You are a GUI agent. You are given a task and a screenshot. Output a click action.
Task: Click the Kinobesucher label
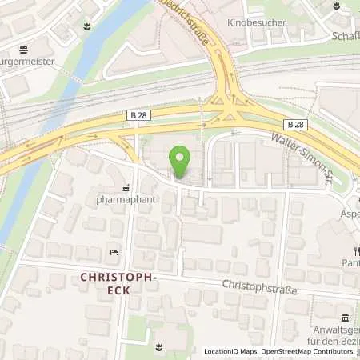258,23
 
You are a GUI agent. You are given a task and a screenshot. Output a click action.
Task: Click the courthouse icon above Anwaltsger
344,318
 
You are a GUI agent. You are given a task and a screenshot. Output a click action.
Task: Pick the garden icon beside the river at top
86,27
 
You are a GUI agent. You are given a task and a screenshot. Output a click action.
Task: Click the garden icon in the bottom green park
158,346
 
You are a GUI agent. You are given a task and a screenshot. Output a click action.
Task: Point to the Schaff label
346,36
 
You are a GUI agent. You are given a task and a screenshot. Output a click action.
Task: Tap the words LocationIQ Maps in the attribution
231,351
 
